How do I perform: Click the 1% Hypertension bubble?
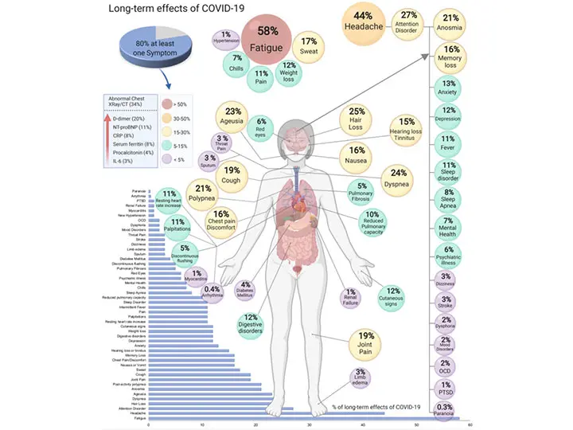228,38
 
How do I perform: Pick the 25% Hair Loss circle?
357,118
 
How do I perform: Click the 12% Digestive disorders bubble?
251,326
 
